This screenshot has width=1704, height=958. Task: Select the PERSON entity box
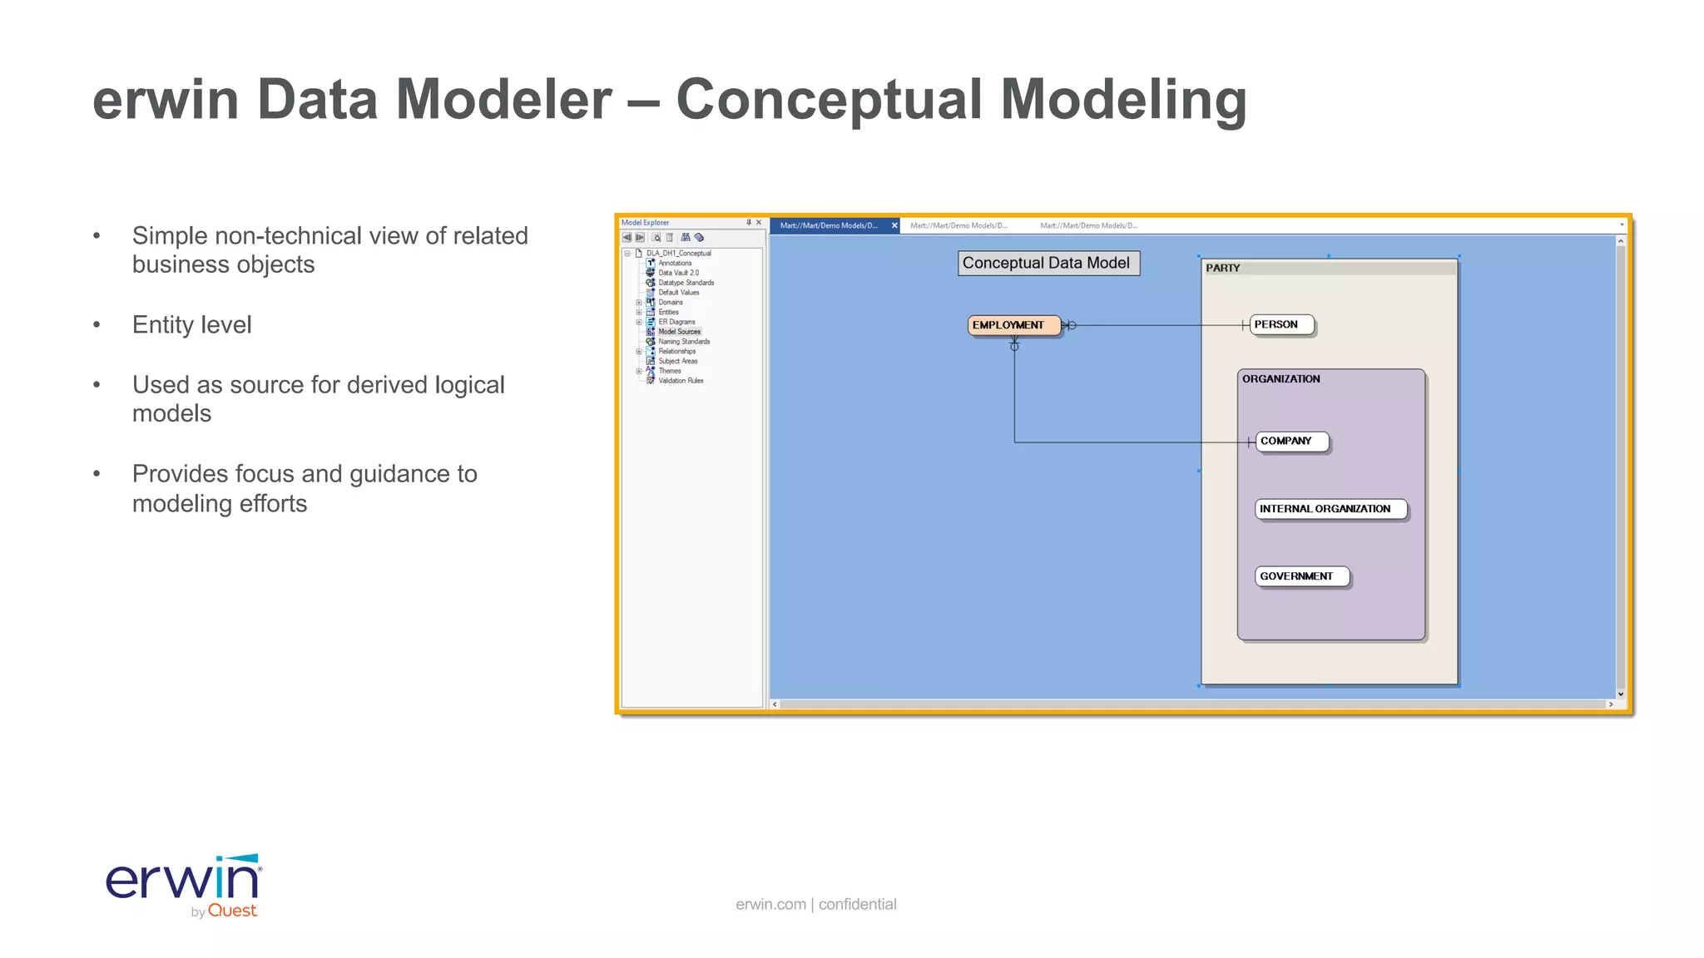[x=1280, y=324]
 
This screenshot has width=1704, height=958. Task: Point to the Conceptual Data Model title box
[x=1048, y=263]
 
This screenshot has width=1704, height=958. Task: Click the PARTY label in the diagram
[x=1223, y=268]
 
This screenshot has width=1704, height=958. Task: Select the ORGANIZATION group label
[x=1281, y=378]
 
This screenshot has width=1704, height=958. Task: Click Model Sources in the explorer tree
[x=679, y=332]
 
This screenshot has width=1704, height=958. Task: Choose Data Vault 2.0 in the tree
[x=678, y=273]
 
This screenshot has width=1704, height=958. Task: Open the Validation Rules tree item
[x=681, y=381]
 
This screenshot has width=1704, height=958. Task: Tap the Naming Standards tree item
[x=684, y=342]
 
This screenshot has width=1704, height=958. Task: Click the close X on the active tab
[x=894, y=225]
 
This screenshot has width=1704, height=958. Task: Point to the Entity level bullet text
[x=191, y=324]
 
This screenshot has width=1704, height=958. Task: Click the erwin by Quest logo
[x=184, y=885]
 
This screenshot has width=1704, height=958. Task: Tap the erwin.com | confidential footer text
[x=815, y=904]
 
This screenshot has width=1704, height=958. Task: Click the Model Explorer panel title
[x=645, y=223]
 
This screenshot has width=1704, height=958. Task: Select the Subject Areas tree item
[x=678, y=361]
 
